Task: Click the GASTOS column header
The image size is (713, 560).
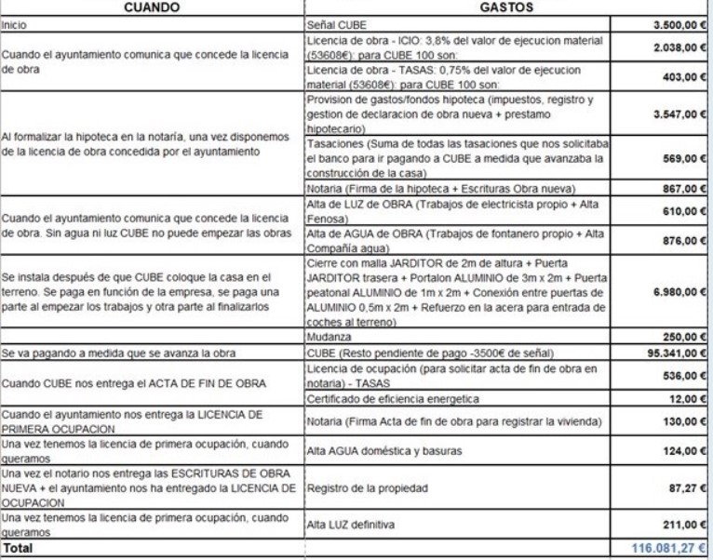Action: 504,7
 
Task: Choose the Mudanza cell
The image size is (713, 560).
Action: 330,337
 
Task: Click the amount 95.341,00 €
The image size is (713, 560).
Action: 667,353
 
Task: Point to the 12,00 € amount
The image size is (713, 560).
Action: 685,399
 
